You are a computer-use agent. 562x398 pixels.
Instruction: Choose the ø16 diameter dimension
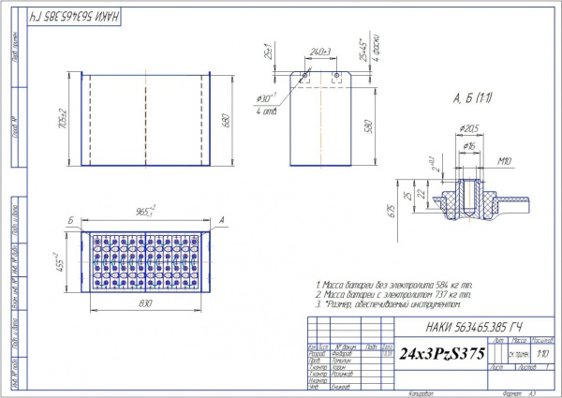(x=467, y=147)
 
